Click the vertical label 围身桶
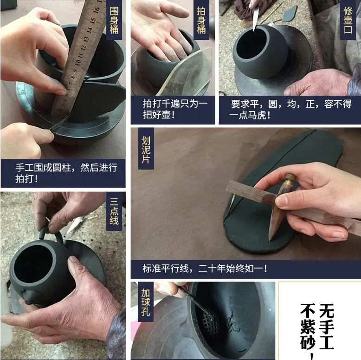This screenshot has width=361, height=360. pos(114,20)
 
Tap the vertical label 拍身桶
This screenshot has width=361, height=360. pos(201,20)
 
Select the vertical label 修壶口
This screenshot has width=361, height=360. pos(348,20)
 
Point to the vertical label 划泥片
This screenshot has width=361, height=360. pos(146,150)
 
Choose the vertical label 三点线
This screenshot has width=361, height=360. pos(114,211)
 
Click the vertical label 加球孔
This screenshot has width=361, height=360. pos(146,302)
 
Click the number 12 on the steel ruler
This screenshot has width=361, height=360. pos(84,47)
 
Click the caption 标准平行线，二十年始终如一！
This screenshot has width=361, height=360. pos(205,268)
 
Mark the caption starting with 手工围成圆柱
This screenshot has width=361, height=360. pos(66,173)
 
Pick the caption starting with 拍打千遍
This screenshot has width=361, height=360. pos(175,109)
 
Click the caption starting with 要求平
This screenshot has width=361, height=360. pos(290,109)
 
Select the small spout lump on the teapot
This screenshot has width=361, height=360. pos(28,297)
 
